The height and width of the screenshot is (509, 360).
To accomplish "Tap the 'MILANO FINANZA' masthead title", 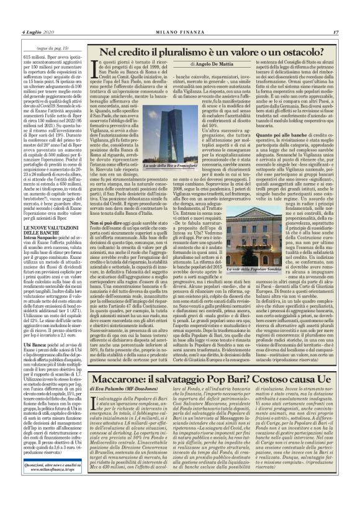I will (180, 32).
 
